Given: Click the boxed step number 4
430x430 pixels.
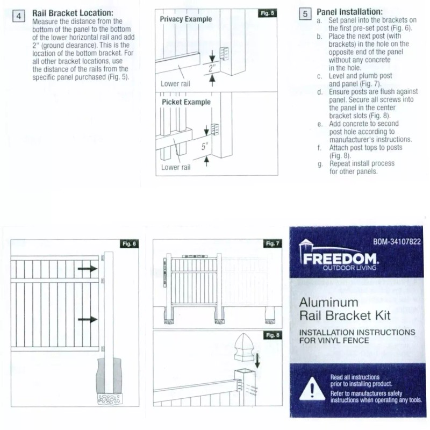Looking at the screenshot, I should (19, 16).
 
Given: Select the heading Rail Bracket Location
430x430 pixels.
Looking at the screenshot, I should (73, 12).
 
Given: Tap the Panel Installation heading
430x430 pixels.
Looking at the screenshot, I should (349, 11).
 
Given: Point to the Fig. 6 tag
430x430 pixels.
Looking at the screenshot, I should (130, 243).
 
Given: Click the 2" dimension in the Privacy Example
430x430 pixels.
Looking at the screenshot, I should (213, 68).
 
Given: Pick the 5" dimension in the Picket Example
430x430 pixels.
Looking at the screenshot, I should (205, 146).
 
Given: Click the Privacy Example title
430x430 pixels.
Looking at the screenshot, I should (186, 19).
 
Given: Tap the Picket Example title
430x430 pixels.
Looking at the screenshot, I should (186, 102).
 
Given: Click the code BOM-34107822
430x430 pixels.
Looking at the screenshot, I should (397, 242).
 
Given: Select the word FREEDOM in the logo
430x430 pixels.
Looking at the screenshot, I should (341, 259).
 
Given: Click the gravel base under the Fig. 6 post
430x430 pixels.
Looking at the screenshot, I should (110, 399).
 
